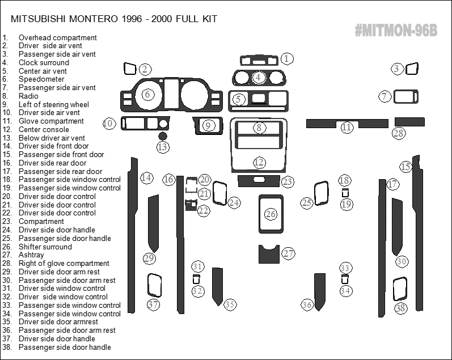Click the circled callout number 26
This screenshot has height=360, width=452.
(271, 214)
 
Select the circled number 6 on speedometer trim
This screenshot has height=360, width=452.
(147, 94)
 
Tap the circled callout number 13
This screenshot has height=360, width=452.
(163, 147)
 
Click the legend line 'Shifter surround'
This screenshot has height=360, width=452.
(45, 247)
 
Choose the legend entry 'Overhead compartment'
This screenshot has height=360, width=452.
(57, 37)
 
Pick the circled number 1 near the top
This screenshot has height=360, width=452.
(288, 58)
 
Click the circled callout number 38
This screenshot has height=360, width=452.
(401, 308)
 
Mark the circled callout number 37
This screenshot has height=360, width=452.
(153, 304)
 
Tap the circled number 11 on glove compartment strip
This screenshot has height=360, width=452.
(347, 128)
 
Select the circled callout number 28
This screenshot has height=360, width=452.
(399, 133)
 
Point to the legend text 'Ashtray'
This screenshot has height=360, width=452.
(31, 255)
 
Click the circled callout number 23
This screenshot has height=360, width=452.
(288, 181)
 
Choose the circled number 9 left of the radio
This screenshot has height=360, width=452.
(208, 125)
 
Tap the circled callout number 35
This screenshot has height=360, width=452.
(230, 304)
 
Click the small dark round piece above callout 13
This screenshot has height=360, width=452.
(163, 136)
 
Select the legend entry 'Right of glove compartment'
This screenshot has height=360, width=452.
(64, 263)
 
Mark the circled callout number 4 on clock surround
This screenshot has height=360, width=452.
(258, 77)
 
